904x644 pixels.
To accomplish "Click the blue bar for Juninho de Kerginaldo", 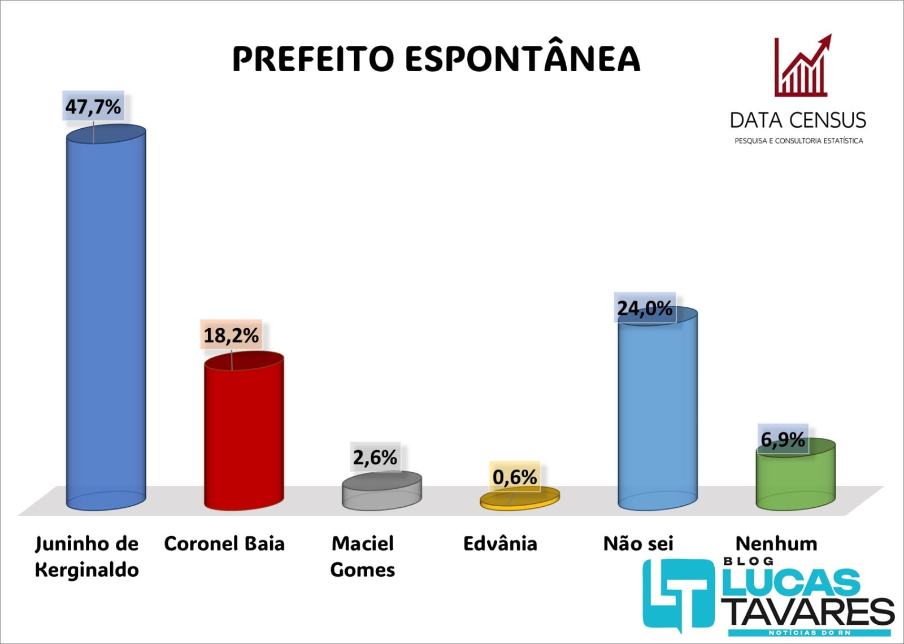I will pos(106,316).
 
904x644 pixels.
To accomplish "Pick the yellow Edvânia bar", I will pos(520,498).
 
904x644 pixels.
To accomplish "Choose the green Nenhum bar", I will pos(796,477).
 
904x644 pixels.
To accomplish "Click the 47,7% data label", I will pos(93,106).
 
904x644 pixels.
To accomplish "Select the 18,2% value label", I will pos(231,336).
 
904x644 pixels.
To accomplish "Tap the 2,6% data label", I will pos(375,457).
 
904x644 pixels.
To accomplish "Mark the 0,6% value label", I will pos(515,477).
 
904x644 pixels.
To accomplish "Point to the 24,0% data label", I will pos(645,308).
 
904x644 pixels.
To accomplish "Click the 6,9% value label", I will pos(783,439).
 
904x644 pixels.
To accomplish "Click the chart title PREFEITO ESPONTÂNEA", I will pos(436,59).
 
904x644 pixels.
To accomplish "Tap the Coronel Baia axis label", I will pos(224,543).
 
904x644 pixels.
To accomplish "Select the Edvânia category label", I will pos(500,543).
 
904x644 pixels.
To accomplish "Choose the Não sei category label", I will pos(638,543).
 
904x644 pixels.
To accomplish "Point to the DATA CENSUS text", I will pos(798,120).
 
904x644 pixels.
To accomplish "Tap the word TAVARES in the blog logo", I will pos(808,611).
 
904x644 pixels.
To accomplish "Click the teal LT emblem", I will pos(678,593).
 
